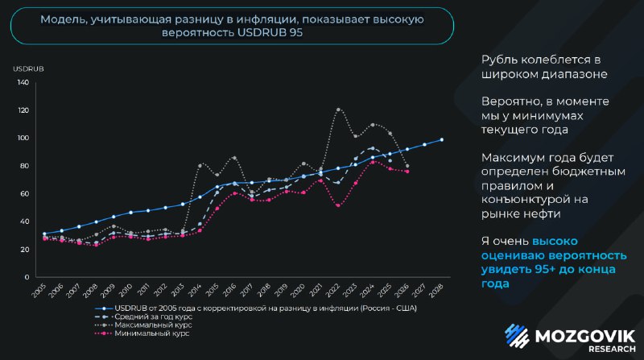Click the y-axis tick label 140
[x=23, y=82]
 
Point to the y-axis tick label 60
[x=24, y=193]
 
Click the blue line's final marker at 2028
[x=442, y=140]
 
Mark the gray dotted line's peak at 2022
[x=338, y=110]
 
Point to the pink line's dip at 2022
[x=338, y=205]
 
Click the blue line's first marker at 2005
[x=45, y=234]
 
